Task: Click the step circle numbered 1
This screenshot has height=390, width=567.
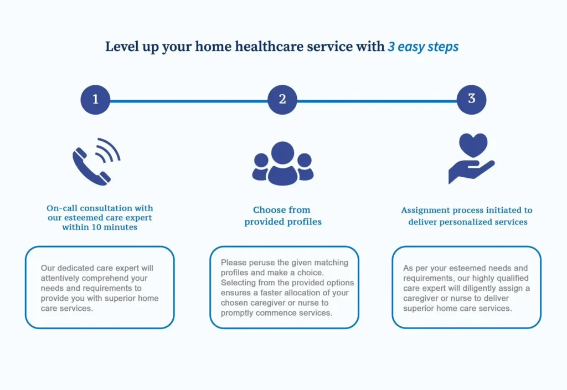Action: [x=95, y=100]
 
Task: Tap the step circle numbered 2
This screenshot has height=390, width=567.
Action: [x=282, y=100]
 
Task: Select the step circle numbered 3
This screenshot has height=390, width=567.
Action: [x=472, y=100]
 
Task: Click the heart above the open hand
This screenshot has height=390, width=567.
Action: [x=473, y=145]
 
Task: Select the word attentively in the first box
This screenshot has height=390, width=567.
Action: [x=60, y=278]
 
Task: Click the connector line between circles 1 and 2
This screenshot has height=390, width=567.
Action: [x=189, y=101]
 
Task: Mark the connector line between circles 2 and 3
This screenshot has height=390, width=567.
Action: [x=377, y=101]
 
